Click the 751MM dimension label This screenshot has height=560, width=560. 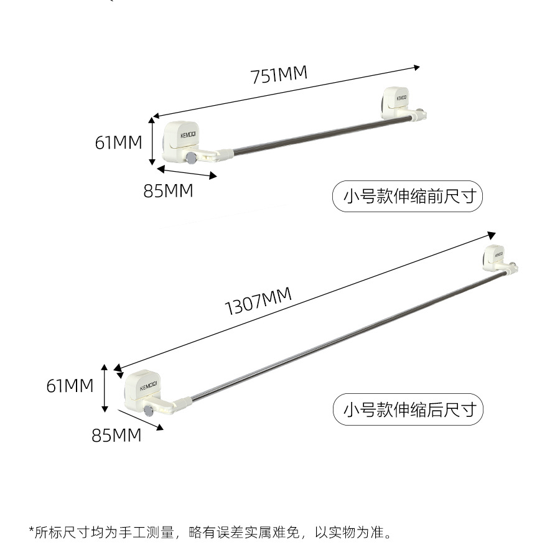pos(279,75)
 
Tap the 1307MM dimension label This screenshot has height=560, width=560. pos(258,302)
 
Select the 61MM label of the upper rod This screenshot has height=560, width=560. pos(119,142)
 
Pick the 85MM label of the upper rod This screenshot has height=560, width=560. pos(168,191)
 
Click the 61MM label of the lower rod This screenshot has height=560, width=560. pos(70,386)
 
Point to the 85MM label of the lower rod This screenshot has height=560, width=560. pos(116,436)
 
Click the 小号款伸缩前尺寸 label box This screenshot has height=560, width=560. pos(408,197)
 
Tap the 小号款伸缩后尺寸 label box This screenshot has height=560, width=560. pos(408,409)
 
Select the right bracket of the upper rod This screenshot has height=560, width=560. pos(396,102)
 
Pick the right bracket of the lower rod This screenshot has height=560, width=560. pos(497,258)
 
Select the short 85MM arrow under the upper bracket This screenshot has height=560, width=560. pos(187,172)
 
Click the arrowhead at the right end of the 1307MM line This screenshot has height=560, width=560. pos(492,235)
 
